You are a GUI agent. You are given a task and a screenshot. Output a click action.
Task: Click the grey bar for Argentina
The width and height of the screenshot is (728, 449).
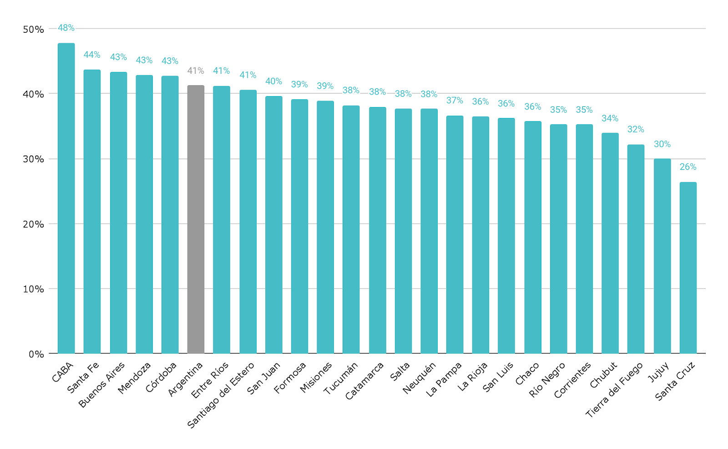coord(196,219)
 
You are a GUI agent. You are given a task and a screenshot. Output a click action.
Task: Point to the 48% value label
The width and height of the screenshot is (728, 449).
coord(66,28)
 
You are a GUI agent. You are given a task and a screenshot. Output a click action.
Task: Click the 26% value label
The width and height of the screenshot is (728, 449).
coord(688,167)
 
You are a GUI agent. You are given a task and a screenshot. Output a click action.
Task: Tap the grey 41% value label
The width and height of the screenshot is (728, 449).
coord(196,71)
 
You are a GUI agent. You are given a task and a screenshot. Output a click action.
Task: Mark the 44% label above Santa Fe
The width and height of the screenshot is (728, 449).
coord(92,55)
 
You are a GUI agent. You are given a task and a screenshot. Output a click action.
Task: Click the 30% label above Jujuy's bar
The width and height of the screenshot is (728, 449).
coord(662,144)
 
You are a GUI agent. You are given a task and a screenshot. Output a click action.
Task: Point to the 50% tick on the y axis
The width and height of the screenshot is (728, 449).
coord(33,30)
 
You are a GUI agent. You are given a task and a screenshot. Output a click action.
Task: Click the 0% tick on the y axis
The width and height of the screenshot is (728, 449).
coord(36,354)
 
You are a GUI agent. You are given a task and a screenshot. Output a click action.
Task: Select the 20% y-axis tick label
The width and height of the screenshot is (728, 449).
coord(33,224)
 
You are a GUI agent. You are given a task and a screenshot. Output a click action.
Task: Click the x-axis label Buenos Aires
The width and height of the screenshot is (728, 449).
coord(102,385)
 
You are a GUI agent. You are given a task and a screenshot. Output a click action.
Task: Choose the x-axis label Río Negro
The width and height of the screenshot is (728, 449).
coord(547,379)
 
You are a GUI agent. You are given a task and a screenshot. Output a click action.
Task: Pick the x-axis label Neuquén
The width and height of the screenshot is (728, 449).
coord(419,378)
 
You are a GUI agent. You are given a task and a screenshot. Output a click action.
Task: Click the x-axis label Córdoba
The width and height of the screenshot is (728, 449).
coord(161,378)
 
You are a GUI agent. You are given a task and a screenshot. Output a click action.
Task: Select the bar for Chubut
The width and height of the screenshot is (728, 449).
coord(610,243)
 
